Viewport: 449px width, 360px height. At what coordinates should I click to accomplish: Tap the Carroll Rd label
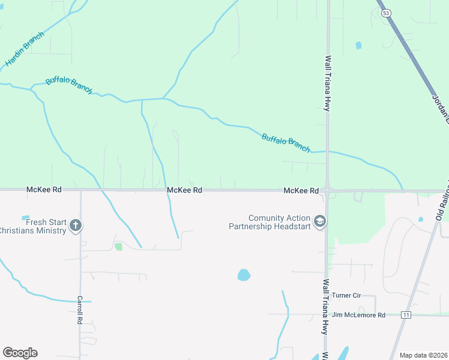pos(79,310)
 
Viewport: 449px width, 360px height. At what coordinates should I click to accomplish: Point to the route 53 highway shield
pos(386,13)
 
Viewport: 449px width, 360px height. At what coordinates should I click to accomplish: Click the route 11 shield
pos(406,314)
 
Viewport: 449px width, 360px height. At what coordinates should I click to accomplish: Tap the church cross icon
pos(76,226)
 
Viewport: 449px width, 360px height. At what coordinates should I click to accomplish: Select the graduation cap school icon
pos(320,222)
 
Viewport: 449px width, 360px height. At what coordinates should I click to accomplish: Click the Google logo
pos(20,353)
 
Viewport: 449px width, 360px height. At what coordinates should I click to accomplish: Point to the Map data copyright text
pos(424,355)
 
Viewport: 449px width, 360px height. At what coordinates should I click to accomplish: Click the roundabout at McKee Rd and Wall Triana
pos(327,190)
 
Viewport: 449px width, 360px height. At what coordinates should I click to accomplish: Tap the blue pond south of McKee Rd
pos(244,275)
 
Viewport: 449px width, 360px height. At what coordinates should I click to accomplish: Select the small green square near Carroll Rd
pos(118,246)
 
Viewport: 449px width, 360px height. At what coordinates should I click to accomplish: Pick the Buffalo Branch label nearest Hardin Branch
pos(69,86)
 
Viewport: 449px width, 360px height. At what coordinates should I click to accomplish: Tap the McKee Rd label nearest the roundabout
pos(301,190)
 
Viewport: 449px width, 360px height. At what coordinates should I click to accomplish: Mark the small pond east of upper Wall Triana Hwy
pos(358,45)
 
